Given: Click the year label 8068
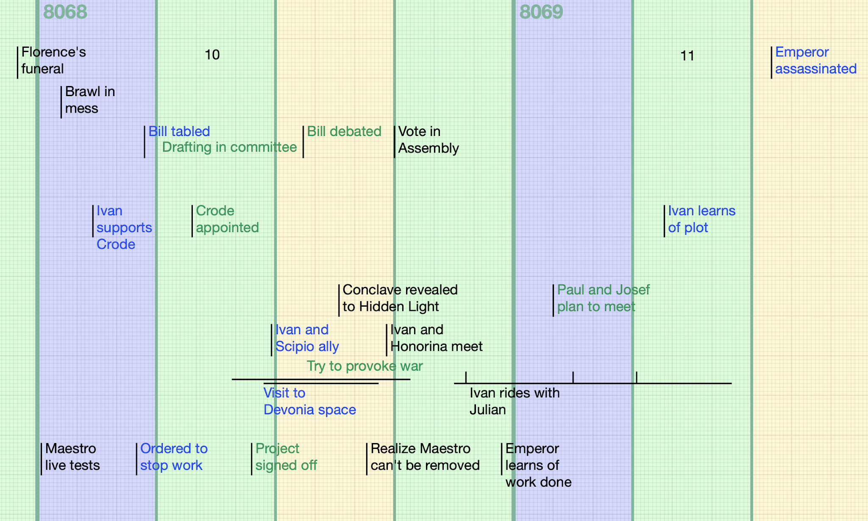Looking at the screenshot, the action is click(x=65, y=12).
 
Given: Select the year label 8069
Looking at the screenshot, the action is click(x=541, y=12).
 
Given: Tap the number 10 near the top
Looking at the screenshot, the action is click(x=212, y=55).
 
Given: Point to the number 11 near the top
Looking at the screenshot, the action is click(x=687, y=55).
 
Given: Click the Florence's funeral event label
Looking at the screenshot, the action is click(x=53, y=61).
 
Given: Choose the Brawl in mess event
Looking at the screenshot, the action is click(x=89, y=100).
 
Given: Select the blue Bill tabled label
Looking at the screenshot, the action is click(x=179, y=131).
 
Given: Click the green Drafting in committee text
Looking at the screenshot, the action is click(x=229, y=147).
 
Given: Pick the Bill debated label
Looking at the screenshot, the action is click(x=344, y=131).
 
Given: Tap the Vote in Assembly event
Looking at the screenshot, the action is click(x=428, y=140).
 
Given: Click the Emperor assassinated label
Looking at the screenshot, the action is click(x=815, y=61).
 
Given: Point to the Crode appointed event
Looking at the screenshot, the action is click(x=227, y=219).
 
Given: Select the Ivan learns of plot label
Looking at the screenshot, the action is click(x=701, y=219).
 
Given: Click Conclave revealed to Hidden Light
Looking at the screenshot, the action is click(x=400, y=298).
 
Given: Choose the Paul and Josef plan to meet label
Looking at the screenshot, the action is click(x=603, y=298).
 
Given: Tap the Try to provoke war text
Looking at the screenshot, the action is click(x=364, y=366).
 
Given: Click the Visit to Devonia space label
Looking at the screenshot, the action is click(x=309, y=401).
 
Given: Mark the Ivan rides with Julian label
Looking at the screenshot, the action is click(x=514, y=401).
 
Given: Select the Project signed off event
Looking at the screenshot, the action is click(x=286, y=457).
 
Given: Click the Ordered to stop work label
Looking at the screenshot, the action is click(x=173, y=457).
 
